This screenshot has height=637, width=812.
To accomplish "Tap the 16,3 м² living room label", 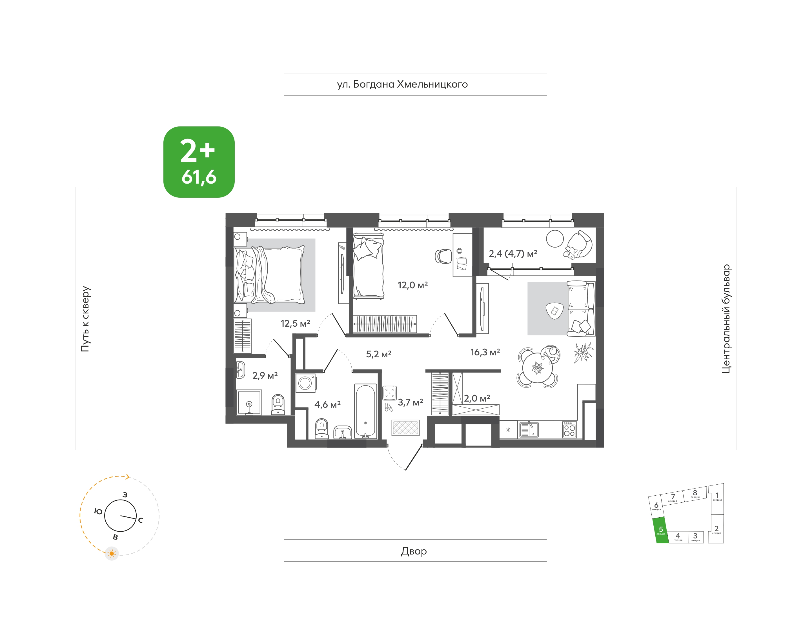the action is click(x=485, y=352).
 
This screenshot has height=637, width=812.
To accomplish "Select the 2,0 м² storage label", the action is click(x=477, y=398).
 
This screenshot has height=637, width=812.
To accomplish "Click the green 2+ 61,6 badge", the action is click(x=199, y=162).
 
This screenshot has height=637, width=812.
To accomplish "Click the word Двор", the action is click(x=414, y=551).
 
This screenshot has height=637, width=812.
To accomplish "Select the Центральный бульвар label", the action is click(x=726, y=319).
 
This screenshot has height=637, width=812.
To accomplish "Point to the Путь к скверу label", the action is click(x=85, y=319).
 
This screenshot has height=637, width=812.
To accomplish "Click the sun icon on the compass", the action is click(x=112, y=553).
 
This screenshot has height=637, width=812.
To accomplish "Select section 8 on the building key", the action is click(x=695, y=494).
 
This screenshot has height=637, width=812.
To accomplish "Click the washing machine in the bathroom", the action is click(x=306, y=383).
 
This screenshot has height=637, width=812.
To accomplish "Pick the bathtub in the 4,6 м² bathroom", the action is click(x=365, y=411).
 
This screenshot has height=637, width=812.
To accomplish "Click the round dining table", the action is click(x=537, y=368).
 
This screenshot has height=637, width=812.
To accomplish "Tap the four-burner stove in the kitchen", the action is click(x=569, y=429).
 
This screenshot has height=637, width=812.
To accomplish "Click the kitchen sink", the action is click(x=529, y=429).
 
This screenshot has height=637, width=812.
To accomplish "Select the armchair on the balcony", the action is click(x=578, y=245).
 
